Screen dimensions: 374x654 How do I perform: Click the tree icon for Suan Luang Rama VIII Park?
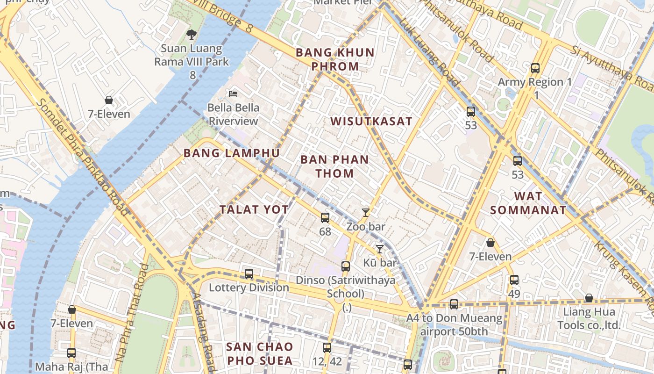[191, 34]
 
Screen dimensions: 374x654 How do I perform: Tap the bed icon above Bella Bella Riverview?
[233, 93]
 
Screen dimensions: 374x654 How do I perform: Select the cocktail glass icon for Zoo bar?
[366, 213]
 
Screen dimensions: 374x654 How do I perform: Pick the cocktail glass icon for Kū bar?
[380, 249]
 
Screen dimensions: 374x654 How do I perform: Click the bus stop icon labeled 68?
[325, 217]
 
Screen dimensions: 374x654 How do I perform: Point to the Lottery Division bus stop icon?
[249, 273]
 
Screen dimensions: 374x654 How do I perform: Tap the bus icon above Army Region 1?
[535, 68]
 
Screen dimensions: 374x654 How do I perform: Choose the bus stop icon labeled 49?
[514, 280]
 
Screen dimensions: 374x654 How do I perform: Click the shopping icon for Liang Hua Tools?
[589, 298]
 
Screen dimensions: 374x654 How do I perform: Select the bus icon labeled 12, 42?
[327, 347]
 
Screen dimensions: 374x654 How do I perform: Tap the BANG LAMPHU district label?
[232, 153]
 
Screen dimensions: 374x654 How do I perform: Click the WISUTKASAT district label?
[371, 122]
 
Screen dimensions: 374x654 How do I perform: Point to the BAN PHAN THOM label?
[334, 166]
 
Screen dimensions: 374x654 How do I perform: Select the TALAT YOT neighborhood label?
[254, 210]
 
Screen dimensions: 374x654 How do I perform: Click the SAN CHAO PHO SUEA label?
[260, 353]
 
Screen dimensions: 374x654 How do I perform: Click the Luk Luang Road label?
[430, 54]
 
